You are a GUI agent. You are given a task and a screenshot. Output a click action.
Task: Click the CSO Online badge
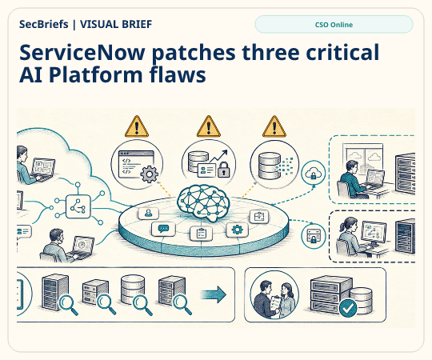click(x=334, y=25)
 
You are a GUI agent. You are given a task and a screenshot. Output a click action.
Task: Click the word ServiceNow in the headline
click(x=82, y=52)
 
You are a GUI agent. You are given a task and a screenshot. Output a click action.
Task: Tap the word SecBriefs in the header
click(x=43, y=24)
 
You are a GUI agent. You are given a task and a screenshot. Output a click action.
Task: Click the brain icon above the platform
click(x=203, y=203)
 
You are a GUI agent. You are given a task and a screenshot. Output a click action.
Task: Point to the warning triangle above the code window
click(x=137, y=126)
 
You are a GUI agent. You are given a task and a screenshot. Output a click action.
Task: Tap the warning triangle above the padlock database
click(x=209, y=126)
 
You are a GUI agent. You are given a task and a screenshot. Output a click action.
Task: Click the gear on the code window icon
click(x=150, y=174)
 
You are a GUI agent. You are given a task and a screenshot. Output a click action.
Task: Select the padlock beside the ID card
click(x=224, y=170)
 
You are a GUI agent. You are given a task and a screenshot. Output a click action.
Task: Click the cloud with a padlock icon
click(x=314, y=174)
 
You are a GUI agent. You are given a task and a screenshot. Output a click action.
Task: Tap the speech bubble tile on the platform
click(x=164, y=229)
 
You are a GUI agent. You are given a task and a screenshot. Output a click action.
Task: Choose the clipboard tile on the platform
click(x=201, y=234)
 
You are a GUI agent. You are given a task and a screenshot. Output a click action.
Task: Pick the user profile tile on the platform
click(x=148, y=213)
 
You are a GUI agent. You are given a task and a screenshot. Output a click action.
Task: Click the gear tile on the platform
click(x=238, y=230)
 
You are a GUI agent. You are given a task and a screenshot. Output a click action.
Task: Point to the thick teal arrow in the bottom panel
click(x=214, y=294)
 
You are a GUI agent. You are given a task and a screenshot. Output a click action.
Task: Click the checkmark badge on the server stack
click(x=348, y=309)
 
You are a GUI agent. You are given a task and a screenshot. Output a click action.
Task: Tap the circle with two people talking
click(x=274, y=294)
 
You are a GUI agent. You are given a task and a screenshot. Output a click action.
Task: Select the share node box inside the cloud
click(x=78, y=206)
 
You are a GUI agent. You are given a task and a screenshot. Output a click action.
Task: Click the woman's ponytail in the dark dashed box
click(x=342, y=226)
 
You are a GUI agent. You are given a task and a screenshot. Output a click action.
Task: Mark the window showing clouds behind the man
click(x=363, y=159)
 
